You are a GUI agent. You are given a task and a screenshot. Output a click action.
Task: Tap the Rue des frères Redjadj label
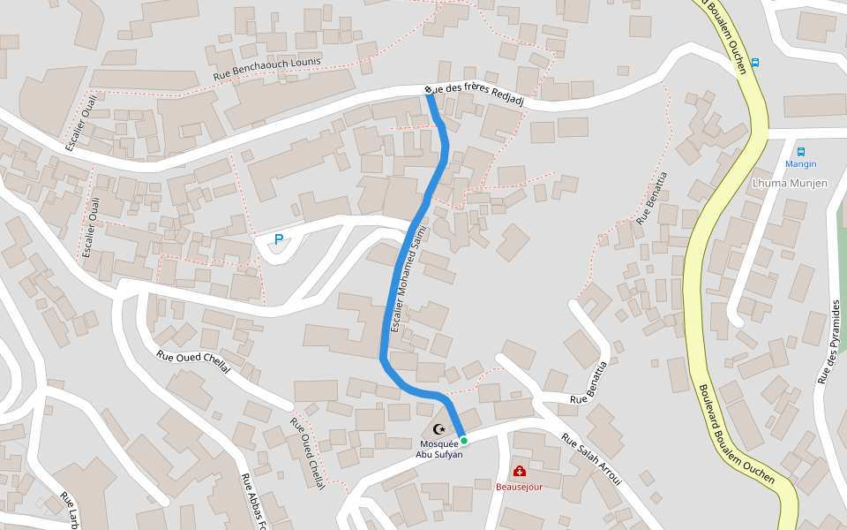[479, 96]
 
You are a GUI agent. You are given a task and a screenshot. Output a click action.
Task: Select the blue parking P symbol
[279, 239]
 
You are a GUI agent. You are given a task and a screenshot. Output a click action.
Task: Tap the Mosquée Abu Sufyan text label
[439, 449]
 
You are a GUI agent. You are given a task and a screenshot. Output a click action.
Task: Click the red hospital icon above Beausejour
[519, 472]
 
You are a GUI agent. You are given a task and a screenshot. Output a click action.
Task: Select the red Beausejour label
[519, 486]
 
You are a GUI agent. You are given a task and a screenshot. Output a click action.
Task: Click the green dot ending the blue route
[463, 440]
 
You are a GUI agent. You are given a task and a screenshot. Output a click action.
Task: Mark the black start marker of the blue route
[428, 90]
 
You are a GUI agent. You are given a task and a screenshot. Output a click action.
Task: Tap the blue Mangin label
[801, 164]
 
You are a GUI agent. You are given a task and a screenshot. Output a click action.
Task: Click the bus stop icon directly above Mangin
[801, 151]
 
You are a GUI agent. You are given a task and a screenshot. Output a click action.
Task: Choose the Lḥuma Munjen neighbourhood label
[790, 183]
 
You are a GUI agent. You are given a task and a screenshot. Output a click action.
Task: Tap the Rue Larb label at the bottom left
[68, 511]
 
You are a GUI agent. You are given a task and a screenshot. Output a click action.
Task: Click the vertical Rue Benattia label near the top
[651, 196]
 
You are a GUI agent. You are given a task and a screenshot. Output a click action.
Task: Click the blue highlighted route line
[395, 291]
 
